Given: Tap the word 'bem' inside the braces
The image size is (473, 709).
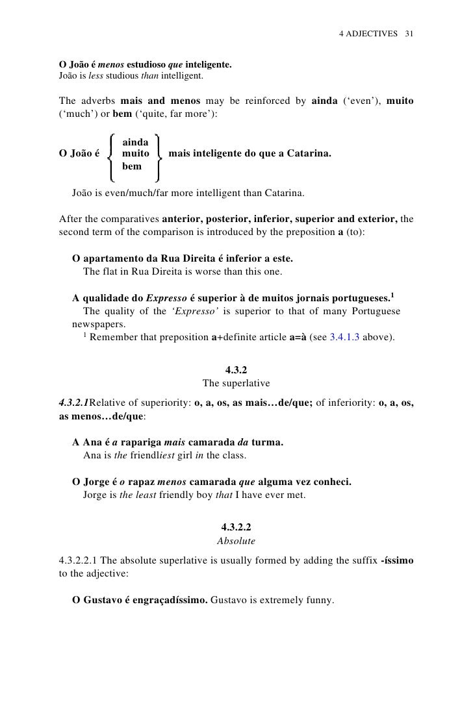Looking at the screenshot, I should (x=132, y=166).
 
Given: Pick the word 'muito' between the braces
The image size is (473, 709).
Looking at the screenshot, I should (x=135, y=154).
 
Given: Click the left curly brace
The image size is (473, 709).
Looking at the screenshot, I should (x=112, y=155).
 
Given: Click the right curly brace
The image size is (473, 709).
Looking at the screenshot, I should (x=158, y=155).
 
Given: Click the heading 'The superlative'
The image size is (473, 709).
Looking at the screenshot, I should (x=236, y=382).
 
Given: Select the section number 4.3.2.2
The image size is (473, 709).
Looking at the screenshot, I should (x=236, y=527).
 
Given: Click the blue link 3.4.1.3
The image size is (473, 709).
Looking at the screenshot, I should (x=352, y=337).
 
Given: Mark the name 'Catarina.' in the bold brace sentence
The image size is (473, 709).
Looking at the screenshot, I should (x=309, y=154).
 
